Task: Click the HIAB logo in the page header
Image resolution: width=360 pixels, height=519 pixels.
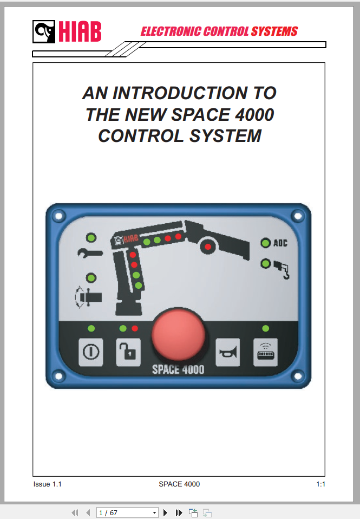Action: [x=67, y=32]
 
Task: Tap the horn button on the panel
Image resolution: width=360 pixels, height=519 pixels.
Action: [x=227, y=353]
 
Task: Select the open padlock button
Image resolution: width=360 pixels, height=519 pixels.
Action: [x=128, y=353]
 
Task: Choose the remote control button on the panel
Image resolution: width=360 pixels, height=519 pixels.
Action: [x=265, y=353]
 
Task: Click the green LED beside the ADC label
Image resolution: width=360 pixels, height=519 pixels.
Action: [x=265, y=243]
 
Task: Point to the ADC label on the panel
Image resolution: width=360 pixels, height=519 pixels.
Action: [x=280, y=243]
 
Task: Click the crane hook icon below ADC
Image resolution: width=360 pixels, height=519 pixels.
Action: [x=282, y=269]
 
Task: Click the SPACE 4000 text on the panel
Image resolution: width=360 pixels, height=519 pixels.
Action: [x=178, y=370]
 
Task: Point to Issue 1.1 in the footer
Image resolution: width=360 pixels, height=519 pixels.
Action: [x=47, y=484]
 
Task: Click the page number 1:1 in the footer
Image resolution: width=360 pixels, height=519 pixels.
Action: [x=320, y=484]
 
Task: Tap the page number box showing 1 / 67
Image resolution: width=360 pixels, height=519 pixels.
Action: [x=127, y=512]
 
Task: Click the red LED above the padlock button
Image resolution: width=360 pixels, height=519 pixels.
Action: [x=135, y=328]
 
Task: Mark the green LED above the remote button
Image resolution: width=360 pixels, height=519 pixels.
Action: [x=265, y=328]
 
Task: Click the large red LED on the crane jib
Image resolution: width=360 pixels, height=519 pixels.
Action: [x=208, y=248]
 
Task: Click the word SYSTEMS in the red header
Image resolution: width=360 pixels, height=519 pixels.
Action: [x=274, y=31]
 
